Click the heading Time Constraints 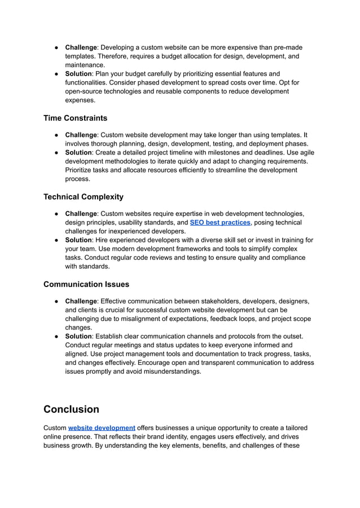[x=75, y=118]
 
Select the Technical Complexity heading [x=83, y=197]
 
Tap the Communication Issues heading [x=86, y=284]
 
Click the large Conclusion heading [x=71, y=409]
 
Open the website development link [x=102, y=428]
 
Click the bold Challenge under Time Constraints [x=81, y=135]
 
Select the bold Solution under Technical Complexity [x=78, y=240]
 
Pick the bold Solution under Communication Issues [x=78, y=336]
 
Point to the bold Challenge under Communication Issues [x=81, y=301]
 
